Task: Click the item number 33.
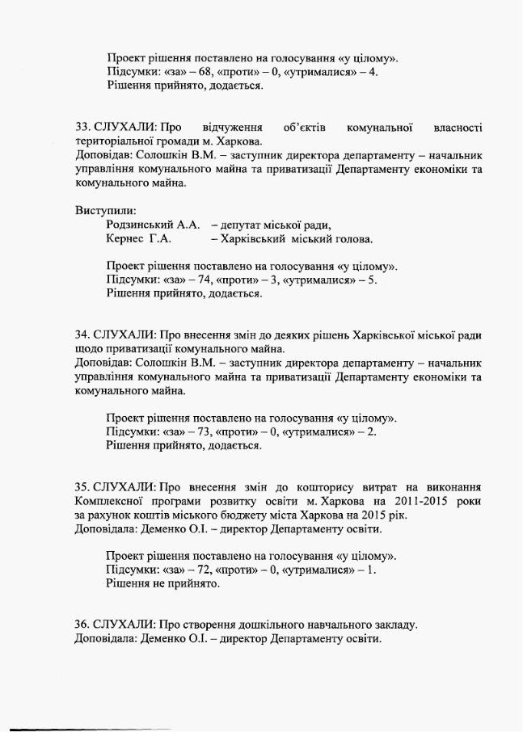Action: [82, 127]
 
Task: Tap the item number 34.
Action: [82, 334]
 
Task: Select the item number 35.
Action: [82, 487]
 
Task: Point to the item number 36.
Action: [82, 625]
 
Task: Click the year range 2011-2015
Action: [415, 501]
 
